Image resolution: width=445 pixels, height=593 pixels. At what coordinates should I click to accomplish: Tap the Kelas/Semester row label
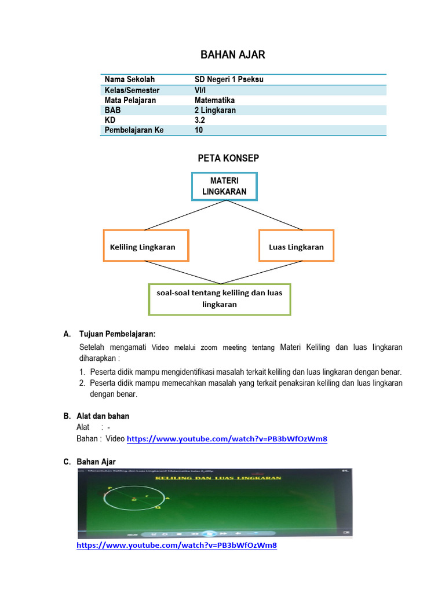132,90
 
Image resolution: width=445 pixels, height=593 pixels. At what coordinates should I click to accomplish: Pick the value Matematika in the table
214,100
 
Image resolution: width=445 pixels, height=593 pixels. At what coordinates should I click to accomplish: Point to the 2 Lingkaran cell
215,110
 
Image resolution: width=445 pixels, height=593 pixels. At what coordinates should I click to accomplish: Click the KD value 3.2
200,120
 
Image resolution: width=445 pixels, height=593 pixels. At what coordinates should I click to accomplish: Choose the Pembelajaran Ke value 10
199,130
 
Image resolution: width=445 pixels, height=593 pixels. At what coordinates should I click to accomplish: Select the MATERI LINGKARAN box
224,186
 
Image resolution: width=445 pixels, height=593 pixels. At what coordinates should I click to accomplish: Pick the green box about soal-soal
219,299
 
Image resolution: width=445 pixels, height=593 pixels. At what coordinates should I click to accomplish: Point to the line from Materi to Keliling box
168,215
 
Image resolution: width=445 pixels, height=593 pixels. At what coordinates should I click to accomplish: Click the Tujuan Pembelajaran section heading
117,334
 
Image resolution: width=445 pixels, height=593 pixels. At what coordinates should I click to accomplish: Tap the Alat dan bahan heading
104,416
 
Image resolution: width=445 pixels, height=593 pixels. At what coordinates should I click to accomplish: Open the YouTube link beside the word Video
227,439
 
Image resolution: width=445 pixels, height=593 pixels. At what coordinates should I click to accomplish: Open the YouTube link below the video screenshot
177,546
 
